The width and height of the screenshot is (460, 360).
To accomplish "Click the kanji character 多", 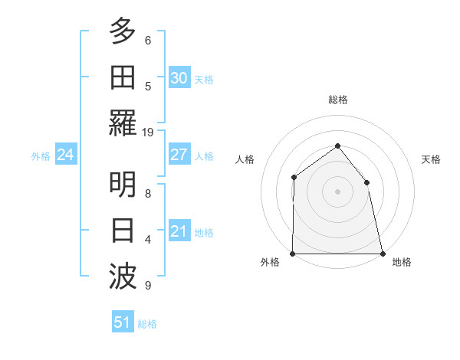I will click(x=123, y=31).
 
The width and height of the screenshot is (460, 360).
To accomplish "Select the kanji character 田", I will click(x=123, y=77).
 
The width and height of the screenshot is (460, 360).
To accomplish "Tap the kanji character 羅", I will click(x=123, y=123).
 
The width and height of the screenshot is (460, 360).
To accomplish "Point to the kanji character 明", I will click(x=123, y=185).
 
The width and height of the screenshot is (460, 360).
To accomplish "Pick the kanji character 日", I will click(x=123, y=231).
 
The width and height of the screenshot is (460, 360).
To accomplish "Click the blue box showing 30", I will click(x=179, y=78).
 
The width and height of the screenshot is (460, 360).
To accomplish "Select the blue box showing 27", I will click(x=179, y=155).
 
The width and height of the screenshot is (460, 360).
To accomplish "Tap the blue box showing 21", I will click(x=179, y=231).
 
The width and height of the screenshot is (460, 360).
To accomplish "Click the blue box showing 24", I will click(x=65, y=155).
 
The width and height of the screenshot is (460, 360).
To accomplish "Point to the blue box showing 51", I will click(x=122, y=322).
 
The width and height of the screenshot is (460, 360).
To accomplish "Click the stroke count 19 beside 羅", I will click(x=148, y=133).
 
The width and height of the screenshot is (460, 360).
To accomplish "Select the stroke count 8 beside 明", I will click(x=148, y=194).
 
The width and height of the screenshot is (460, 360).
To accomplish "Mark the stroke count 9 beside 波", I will click(x=148, y=286).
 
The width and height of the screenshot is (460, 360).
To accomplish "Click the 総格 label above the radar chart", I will click(x=337, y=100).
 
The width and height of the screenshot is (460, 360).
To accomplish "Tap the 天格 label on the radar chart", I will click(x=432, y=159).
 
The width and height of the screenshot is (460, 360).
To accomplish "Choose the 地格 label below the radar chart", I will click(x=402, y=263).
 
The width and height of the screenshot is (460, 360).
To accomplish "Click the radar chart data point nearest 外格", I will click(x=293, y=254).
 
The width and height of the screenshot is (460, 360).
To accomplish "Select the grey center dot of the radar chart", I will click(x=337, y=191).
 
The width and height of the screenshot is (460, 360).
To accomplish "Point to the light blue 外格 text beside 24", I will click(x=41, y=156).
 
